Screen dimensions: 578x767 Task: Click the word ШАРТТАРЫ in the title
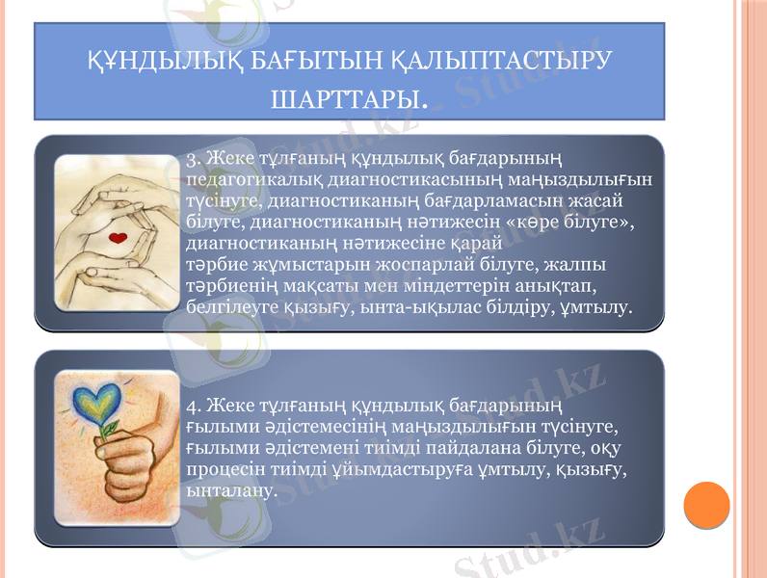pyautogui.click(x=349, y=98)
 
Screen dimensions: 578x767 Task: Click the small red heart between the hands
pyautogui.click(x=118, y=237)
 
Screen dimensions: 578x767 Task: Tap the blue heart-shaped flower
pyautogui.click(x=108, y=404)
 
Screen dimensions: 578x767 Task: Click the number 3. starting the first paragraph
pyautogui.click(x=193, y=158)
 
